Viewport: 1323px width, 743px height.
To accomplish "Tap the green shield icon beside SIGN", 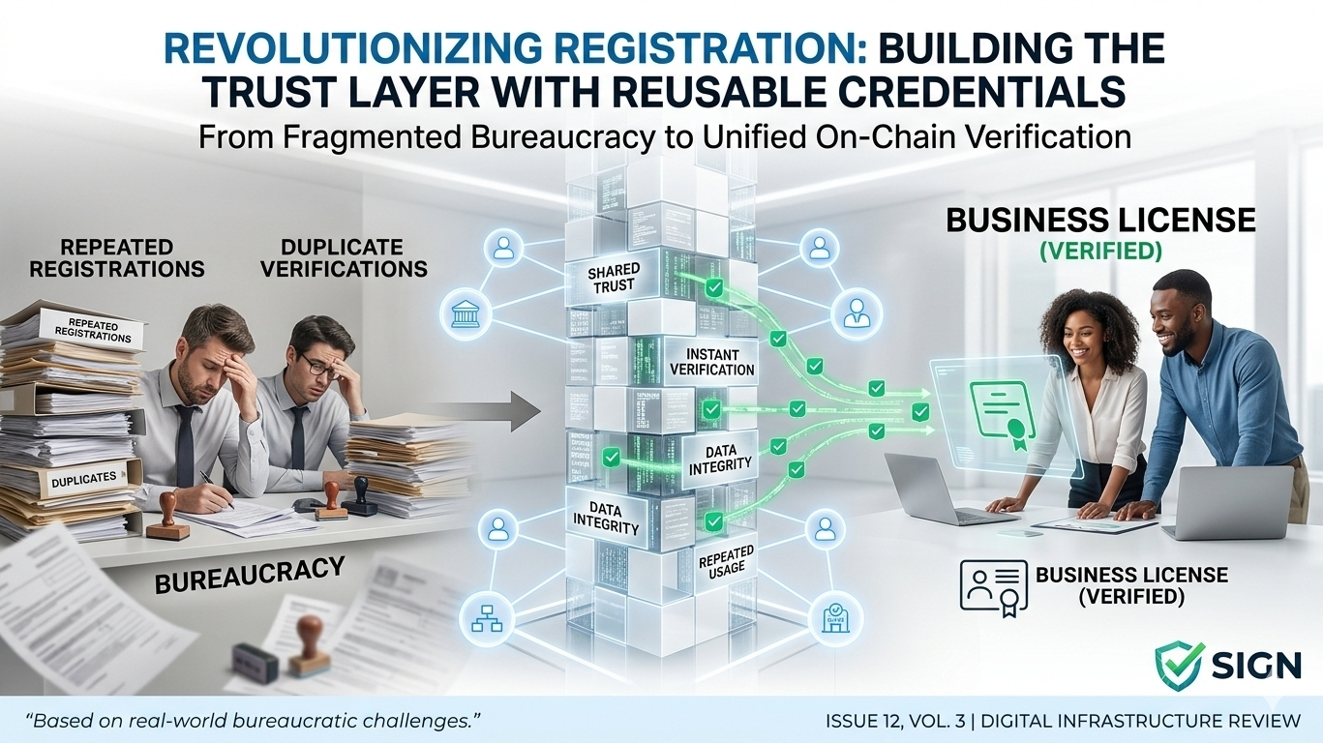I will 1180,666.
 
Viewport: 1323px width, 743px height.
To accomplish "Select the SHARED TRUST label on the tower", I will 611,279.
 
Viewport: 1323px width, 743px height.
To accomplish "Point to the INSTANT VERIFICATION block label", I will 712,362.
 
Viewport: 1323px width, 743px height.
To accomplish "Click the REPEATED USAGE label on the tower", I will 725,560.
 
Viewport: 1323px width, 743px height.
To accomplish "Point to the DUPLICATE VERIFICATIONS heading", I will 345,257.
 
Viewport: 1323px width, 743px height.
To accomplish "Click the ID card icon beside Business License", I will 993,584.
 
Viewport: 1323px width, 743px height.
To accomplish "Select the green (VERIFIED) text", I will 1099,252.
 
